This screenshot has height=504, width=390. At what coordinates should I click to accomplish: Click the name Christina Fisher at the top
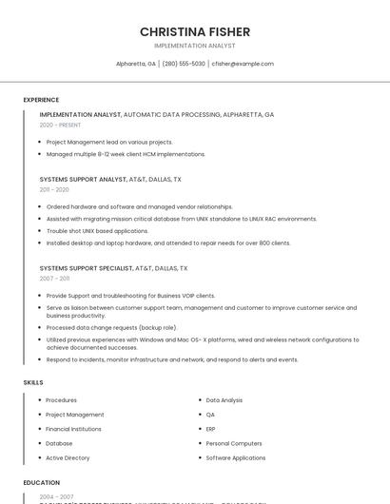pyautogui.click(x=195, y=31)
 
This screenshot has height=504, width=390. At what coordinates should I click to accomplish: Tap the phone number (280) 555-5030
pyautogui.click(x=184, y=64)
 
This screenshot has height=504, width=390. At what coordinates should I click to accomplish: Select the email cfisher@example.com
pyautogui.click(x=243, y=64)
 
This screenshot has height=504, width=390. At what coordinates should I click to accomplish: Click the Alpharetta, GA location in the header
pyautogui.click(x=136, y=64)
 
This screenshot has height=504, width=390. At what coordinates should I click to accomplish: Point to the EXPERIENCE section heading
pyautogui.click(x=41, y=100)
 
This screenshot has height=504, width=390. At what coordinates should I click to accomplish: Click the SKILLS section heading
pyautogui.click(x=33, y=382)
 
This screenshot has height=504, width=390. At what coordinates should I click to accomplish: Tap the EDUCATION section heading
pyautogui.click(x=42, y=483)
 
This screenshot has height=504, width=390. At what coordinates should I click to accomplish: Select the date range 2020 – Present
pyautogui.click(x=60, y=125)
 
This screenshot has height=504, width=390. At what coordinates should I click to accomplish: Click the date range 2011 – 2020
pyautogui.click(x=54, y=189)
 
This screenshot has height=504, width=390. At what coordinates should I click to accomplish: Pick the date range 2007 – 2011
pyautogui.click(x=54, y=279)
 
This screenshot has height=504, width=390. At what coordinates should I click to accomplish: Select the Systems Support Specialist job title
pyautogui.click(x=86, y=268)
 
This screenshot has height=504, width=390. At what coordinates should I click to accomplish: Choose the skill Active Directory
pyautogui.click(x=68, y=457)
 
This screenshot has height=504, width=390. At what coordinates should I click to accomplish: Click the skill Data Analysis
pyautogui.click(x=224, y=400)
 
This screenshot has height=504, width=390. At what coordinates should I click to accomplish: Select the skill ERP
pyautogui.click(x=211, y=429)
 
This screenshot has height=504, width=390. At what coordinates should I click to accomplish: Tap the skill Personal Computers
pyautogui.click(x=234, y=443)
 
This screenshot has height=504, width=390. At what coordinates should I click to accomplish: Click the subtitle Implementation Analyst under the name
pyautogui.click(x=195, y=46)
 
